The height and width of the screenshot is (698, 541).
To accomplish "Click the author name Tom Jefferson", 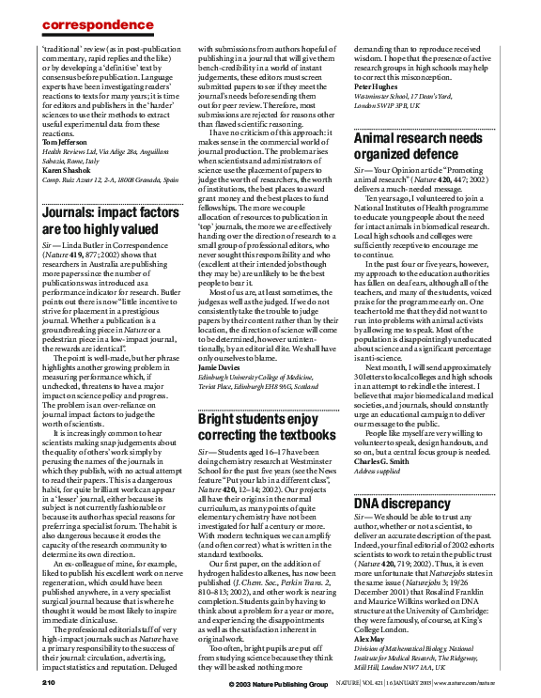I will (x=67, y=141).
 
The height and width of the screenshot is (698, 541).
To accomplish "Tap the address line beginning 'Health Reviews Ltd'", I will (x=105, y=150).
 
